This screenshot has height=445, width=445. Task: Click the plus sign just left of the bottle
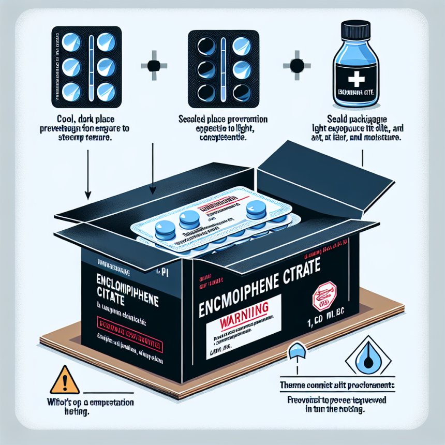(x=296, y=66)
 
